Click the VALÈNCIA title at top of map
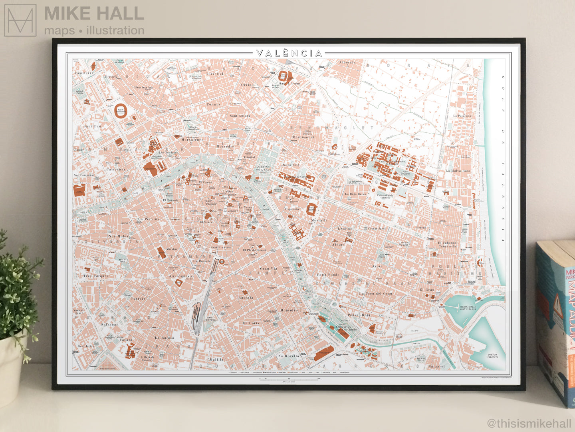click(x=289, y=53)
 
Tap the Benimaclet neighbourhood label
click(x=303, y=137)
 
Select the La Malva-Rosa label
click(x=458, y=171)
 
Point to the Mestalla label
click(x=319, y=220)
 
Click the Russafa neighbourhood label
click(x=246, y=298)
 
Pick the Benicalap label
click(x=143, y=87)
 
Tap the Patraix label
click(x=138, y=299)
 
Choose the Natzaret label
click(x=436, y=366)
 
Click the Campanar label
click(x=116, y=170)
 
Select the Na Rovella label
click(x=289, y=356)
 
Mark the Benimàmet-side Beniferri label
click(x=84, y=73)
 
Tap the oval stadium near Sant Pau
click(x=121, y=110)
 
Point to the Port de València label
click(x=492, y=356)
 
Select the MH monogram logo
click(x=20, y=20)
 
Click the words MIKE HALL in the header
click(x=93, y=14)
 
